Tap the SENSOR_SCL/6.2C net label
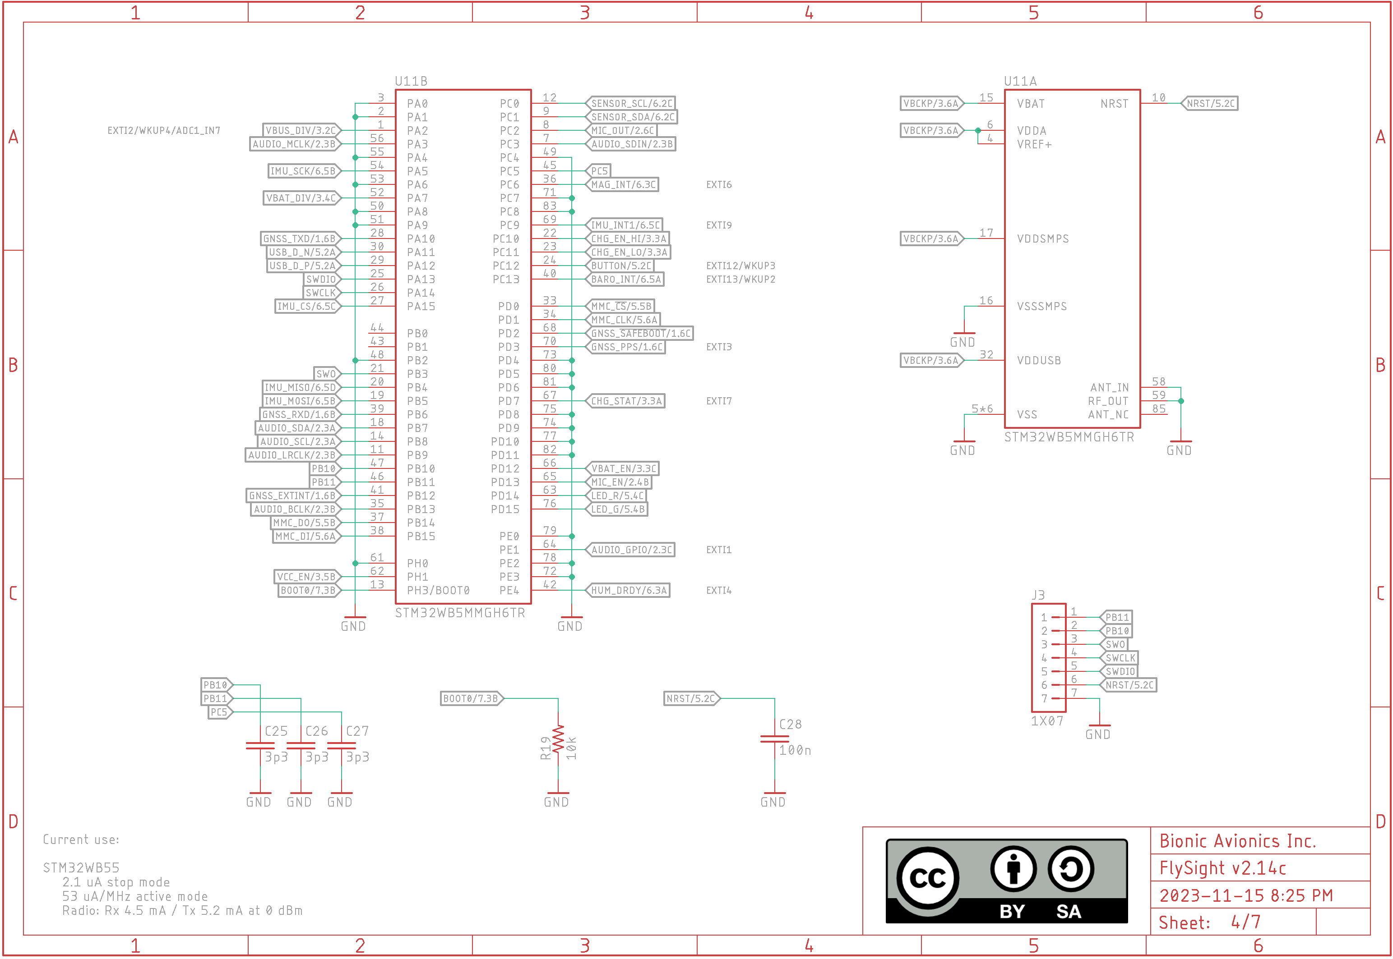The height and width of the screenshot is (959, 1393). pyautogui.click(x=631, y=103)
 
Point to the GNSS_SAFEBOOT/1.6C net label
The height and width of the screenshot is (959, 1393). pyautogui.click(x=640, y=334)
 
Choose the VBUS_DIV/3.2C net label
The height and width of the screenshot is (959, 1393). pyautogui.click(x=301, y=130)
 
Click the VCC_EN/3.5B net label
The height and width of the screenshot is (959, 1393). pyautogui.click(x=306, y=577)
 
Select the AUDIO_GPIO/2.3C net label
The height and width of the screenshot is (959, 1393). pyautogui.click(x=631, y=550)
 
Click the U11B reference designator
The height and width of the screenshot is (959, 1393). pyautogui.click(x=411, y=81)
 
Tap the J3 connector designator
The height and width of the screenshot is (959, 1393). pyautogui.click(x=1038, y=595)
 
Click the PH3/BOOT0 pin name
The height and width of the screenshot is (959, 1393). pyautogui.click(x=438, y=590)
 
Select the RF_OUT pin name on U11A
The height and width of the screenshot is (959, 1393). pyautogui.click(x=1108, y=401)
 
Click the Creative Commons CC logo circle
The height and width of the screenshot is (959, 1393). pyautogui.click(x=928, y=878)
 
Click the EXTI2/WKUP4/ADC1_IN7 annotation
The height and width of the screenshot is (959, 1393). pyautogui.click(x=163, y=130)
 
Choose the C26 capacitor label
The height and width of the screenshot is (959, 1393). pyautogui.click(x=316, y=731)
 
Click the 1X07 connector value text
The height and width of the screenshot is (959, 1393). pyautogui.click(x=1047, y=720)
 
